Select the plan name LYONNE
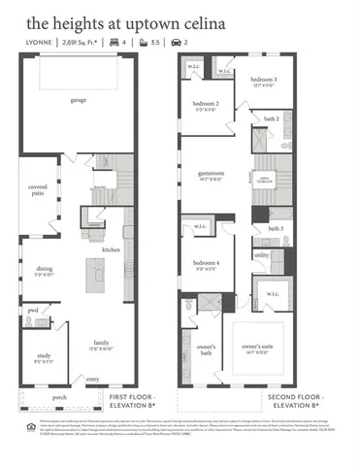click(x=41, y=44)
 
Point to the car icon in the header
click(x=175, y=44)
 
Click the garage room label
click(x=79, y=101)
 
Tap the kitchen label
click(x=112, y=250)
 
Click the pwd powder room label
click(x=33, y=310)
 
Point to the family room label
click(x=101, y=343)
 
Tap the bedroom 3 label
click(x=264, y=78)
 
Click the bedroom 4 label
click(x=206, y=264)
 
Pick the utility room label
click(x=261, y=255)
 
